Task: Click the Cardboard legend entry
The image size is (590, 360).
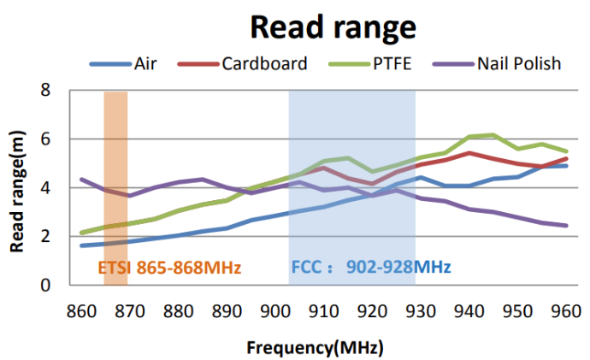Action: tap(260, 63)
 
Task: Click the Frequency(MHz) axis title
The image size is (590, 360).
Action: tap(315, 348)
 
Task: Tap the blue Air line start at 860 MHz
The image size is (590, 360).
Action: tap(81, 245)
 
